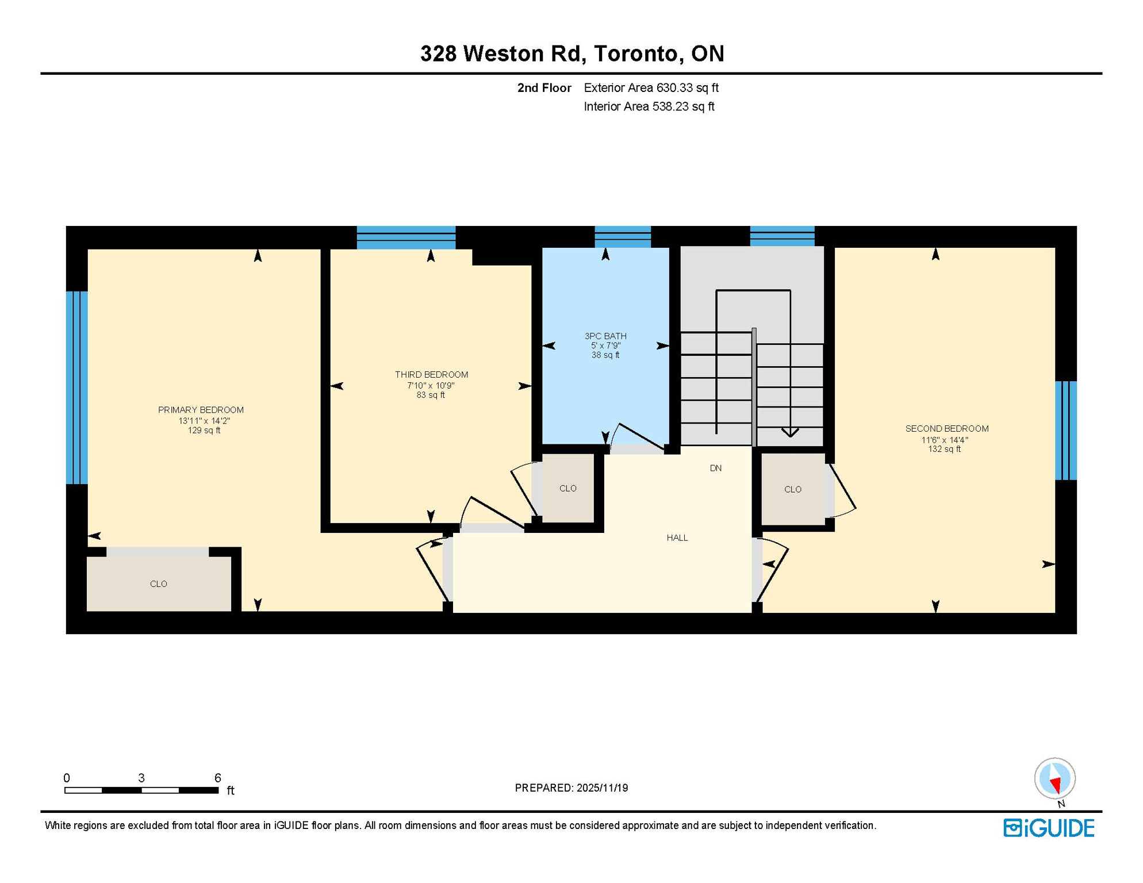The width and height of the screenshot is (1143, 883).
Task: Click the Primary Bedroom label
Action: pos(201,410)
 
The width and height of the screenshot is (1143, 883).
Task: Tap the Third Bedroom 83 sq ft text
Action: pos(431,396)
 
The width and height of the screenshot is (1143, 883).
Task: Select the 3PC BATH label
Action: pos(605,336)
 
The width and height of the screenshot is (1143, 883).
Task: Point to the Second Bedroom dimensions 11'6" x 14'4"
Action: pos(945,440)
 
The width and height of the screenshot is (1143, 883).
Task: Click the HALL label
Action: pos(677,538)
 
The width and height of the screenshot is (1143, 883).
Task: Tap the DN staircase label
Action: pos(716,468)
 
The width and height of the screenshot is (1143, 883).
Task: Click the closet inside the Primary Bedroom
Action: pos(159,584)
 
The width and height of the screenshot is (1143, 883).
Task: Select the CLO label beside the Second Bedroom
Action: pos(793,490)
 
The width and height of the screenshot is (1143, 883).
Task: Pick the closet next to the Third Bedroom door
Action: pos(568,489)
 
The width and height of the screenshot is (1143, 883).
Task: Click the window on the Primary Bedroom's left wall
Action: pos(76,387)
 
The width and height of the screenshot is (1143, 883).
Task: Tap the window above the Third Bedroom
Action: pos(406,237)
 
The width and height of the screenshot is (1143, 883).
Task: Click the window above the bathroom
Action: pos(623,237)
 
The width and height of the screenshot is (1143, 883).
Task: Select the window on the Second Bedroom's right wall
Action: pos(1065,430)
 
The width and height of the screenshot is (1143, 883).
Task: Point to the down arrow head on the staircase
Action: pos(790,432)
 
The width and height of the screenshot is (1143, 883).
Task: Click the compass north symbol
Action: pos(1055,778)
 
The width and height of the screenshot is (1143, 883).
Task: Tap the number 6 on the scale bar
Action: pos(217,778)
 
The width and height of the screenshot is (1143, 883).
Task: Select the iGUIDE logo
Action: pos(1049,828)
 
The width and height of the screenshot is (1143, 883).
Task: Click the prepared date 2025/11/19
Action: pos(600,788)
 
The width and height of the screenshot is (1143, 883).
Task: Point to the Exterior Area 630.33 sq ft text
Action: pos(651,88)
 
